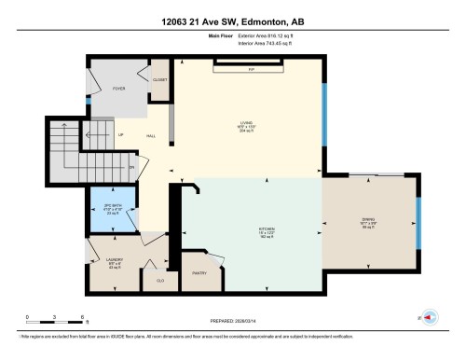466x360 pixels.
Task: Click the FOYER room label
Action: click(118, 89)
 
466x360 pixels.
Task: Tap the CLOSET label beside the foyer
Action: click(159, 80)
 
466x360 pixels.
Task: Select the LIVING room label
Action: click(246, 124)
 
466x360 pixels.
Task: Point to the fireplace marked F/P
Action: click(251, 69)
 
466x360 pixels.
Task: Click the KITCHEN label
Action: click(254, 227)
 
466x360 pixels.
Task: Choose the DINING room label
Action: click(367, 221)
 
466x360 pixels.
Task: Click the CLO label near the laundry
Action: click(160, 279)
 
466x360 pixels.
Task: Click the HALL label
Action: click(150, 136)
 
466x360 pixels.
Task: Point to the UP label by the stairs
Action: click(121, 134)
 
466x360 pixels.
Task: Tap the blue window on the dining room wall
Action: click(418, 224)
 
